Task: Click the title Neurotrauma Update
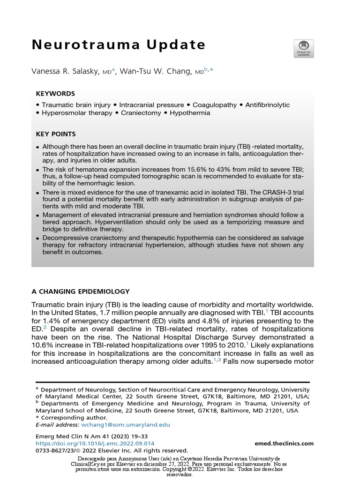coord(119,45)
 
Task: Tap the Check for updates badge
coord(303,49)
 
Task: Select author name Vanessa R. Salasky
coord(64,71)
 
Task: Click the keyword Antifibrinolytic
coord(268,105)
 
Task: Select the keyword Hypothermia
coord(190,113)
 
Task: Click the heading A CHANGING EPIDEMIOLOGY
coord(80,291)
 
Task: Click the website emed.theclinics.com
coord(284,443)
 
